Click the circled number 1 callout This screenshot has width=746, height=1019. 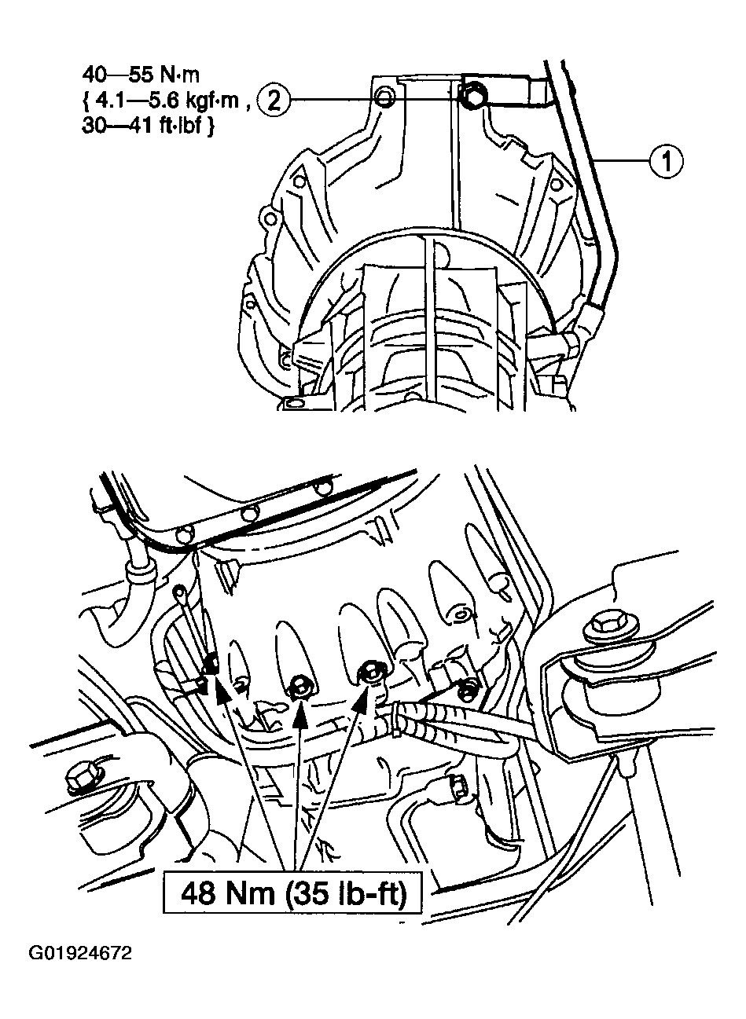point(666,161)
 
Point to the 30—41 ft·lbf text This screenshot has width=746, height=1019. point(141,125)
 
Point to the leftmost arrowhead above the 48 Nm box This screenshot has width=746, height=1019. point(222,695)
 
